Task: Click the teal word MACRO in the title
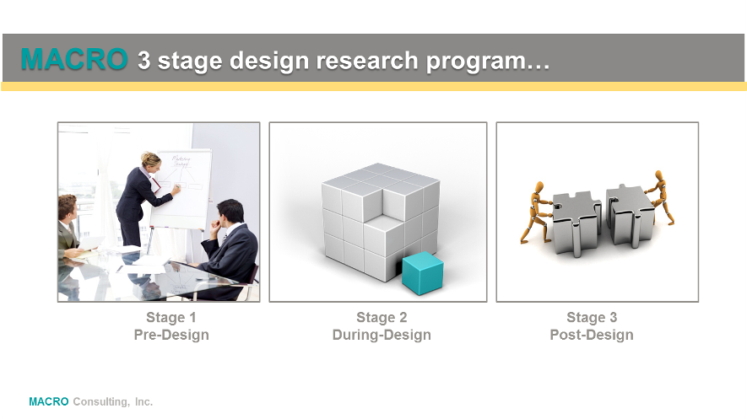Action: pos(74,59)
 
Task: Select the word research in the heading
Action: pos(367,61)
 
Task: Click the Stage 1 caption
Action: pos(171,317)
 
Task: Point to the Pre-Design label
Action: pos(171,335)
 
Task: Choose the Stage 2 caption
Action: pos(382,317)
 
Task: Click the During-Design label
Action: pos(382,335)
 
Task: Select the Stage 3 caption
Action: pos(592,317)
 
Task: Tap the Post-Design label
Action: pos(592,335)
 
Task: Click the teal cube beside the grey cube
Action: pos(423,273)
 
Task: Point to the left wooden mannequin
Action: pos(537,212)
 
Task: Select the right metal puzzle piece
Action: pos(631,216)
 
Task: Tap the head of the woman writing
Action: pos(151,160)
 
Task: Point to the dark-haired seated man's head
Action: pos(230,212)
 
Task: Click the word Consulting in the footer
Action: pos(101,402)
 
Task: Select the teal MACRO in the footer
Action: pos(49,402)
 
